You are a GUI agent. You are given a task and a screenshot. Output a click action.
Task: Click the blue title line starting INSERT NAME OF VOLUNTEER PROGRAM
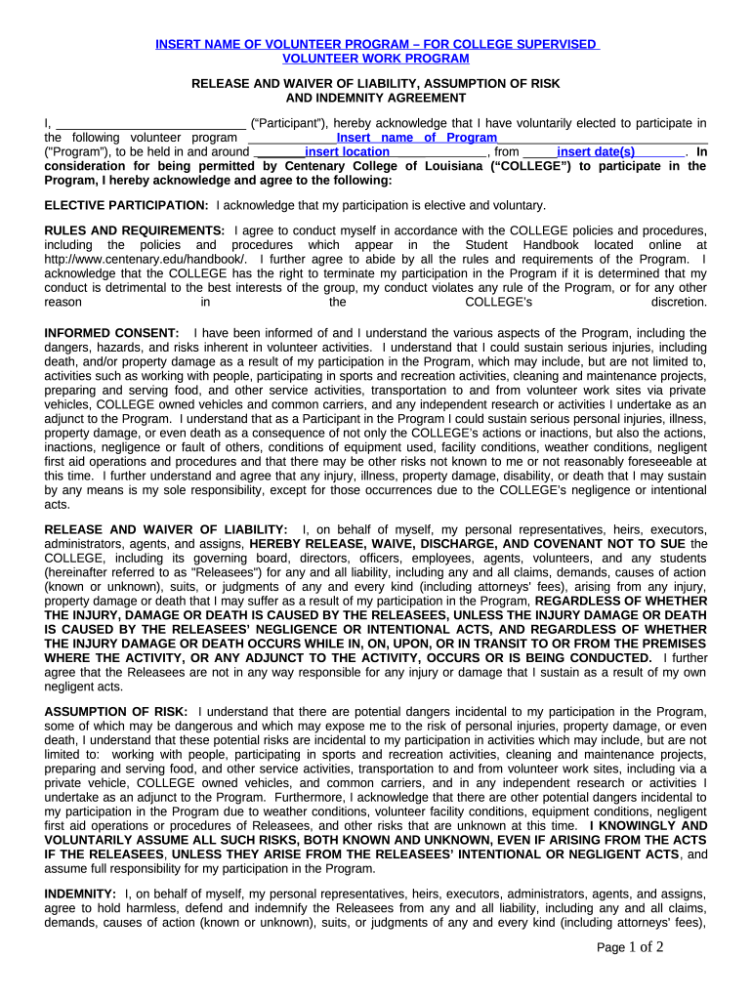pyautogui.click(x=376, y=44)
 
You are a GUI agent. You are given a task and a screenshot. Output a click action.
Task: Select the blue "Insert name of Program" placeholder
pyautogui.click(x=416, y=138)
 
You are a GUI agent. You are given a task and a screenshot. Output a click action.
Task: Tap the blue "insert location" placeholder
pyautogui.click(x=347, y=152)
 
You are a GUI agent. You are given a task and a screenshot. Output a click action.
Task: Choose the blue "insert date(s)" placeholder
pyautogui.click(x=596, y=152)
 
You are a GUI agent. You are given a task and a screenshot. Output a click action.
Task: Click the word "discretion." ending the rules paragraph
pyautogui.click(x=679, y=303)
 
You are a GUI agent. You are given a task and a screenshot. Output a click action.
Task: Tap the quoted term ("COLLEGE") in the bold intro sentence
pyautogui.click(x=522, y=166)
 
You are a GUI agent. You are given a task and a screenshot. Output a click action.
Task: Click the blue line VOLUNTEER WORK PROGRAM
pyautogui.click(x=376, y=59)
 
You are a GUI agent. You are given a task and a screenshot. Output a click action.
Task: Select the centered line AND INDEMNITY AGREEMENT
pyautogui.click(x=376, y=98)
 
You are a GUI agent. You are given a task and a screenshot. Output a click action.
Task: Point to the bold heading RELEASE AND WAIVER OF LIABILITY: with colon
pyautogui.click(x=166, y=528)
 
